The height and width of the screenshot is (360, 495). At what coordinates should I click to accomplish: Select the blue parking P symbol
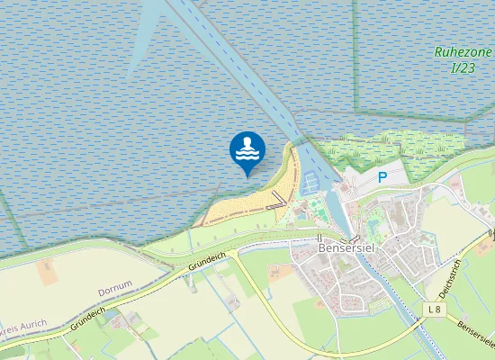click(382, 178)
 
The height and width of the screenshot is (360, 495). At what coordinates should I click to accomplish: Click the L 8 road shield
click(435, 309)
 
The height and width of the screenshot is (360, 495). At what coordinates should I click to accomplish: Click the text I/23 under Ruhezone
click(463, 67)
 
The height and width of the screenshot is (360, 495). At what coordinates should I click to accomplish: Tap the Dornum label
click(114, 286)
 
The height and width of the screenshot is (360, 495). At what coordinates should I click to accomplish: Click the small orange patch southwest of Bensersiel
click(281, 271)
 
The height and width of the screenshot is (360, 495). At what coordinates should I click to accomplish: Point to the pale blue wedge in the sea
click(144, 36)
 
